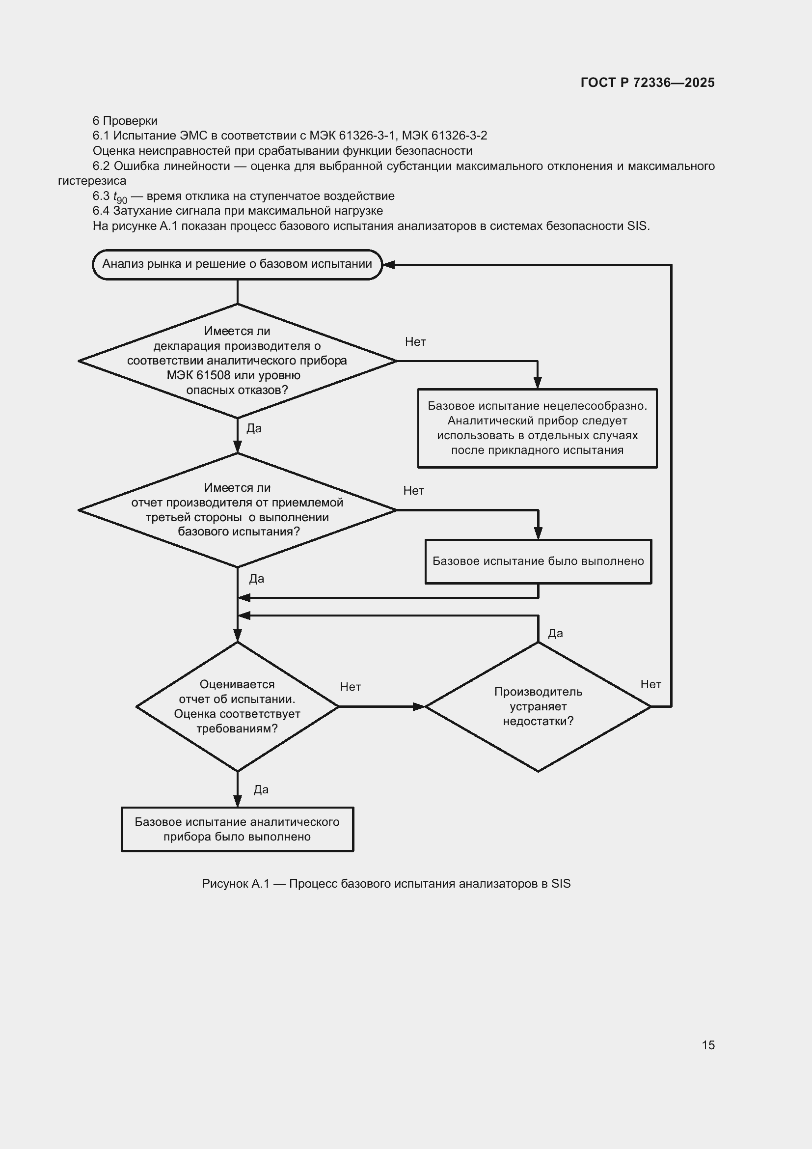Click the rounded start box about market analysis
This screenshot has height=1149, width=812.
pyautogui.click(x=238, y=264)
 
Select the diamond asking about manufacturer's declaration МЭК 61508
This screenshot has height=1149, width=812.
pyautogui.click(x=238, y=361)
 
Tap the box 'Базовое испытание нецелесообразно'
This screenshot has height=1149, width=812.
pyautogui.click(x=538, y=428)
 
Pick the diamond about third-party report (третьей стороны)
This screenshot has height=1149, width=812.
pyautogui.click(x=238, y=510)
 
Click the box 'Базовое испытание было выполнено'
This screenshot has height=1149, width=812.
pyautogui.click(x=539, y=561)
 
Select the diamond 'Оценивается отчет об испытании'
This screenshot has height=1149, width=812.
pyautogui.click(x=238, y=706)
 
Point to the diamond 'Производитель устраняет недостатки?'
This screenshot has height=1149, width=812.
pyautogui.click(x=538, y=706)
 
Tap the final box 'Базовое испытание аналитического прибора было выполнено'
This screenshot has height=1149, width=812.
pyautogui.click(x=238, y=829)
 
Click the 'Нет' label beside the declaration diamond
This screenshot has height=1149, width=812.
pyautogui.click(x=415, y=342)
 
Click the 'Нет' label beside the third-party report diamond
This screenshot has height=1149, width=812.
pyautogui.click(x=413, y=491)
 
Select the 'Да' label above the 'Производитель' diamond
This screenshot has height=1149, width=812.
pyautogui.click(x=556, y=634)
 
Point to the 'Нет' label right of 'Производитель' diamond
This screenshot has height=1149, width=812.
pyautogui.click(x=651, y=685)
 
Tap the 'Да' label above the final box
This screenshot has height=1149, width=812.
pyautogui.click(x=261, y=790)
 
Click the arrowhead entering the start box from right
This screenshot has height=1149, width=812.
pyautogui.click(x=389, y=265)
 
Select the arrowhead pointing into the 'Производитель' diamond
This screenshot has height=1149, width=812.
pyautogui.click(x=418, y=706)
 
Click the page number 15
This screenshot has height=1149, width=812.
pyautogui.click(x=708, y=1041)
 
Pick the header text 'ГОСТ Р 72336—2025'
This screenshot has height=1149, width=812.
pyautogui.click(x=648, y=83)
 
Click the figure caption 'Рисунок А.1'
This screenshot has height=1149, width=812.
pyautogui.click(x=235, y=884)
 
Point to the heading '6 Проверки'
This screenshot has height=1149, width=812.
pyautogui.click(x=125, y=121)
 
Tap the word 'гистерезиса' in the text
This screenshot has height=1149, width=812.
pyautogui.click(x=92, y=181)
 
